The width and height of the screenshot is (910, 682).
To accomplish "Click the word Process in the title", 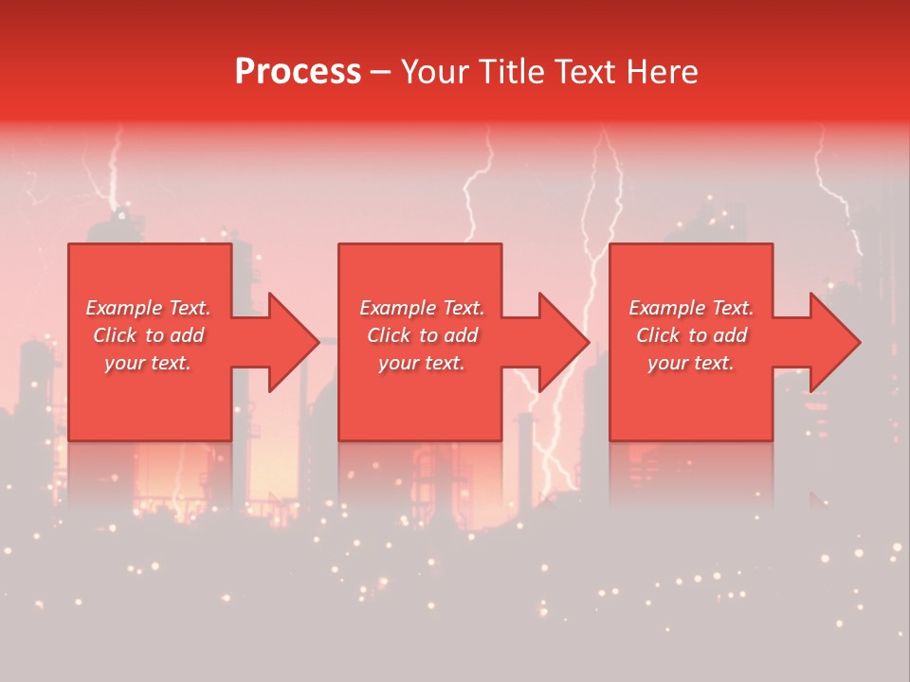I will pos(298,72).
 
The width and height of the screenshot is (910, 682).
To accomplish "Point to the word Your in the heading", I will pos(436,72).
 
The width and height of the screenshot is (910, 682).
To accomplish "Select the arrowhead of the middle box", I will pos(562,342).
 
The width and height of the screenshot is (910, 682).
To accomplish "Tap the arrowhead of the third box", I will pos(833,342).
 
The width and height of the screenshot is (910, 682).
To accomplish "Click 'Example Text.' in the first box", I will pos(148,308).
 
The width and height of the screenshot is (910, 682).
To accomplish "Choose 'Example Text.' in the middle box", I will pos(422,308).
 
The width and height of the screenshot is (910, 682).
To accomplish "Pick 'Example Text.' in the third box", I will pos(691,308).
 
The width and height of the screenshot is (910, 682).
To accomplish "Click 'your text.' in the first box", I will pos(148,363).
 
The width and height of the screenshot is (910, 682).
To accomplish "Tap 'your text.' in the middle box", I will pos(422,363).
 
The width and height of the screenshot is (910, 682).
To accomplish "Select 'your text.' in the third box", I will pos(691,363).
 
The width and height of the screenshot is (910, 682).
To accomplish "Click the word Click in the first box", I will pos(116,335).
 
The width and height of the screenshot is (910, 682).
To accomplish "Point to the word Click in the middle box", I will pos(390,335).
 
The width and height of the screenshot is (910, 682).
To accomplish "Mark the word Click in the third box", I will pos(659,335).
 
